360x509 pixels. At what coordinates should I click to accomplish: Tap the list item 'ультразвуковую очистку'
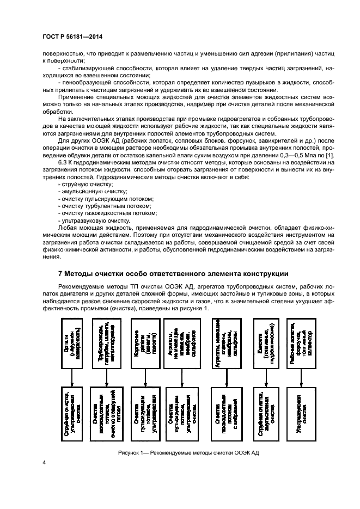(87, 221)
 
